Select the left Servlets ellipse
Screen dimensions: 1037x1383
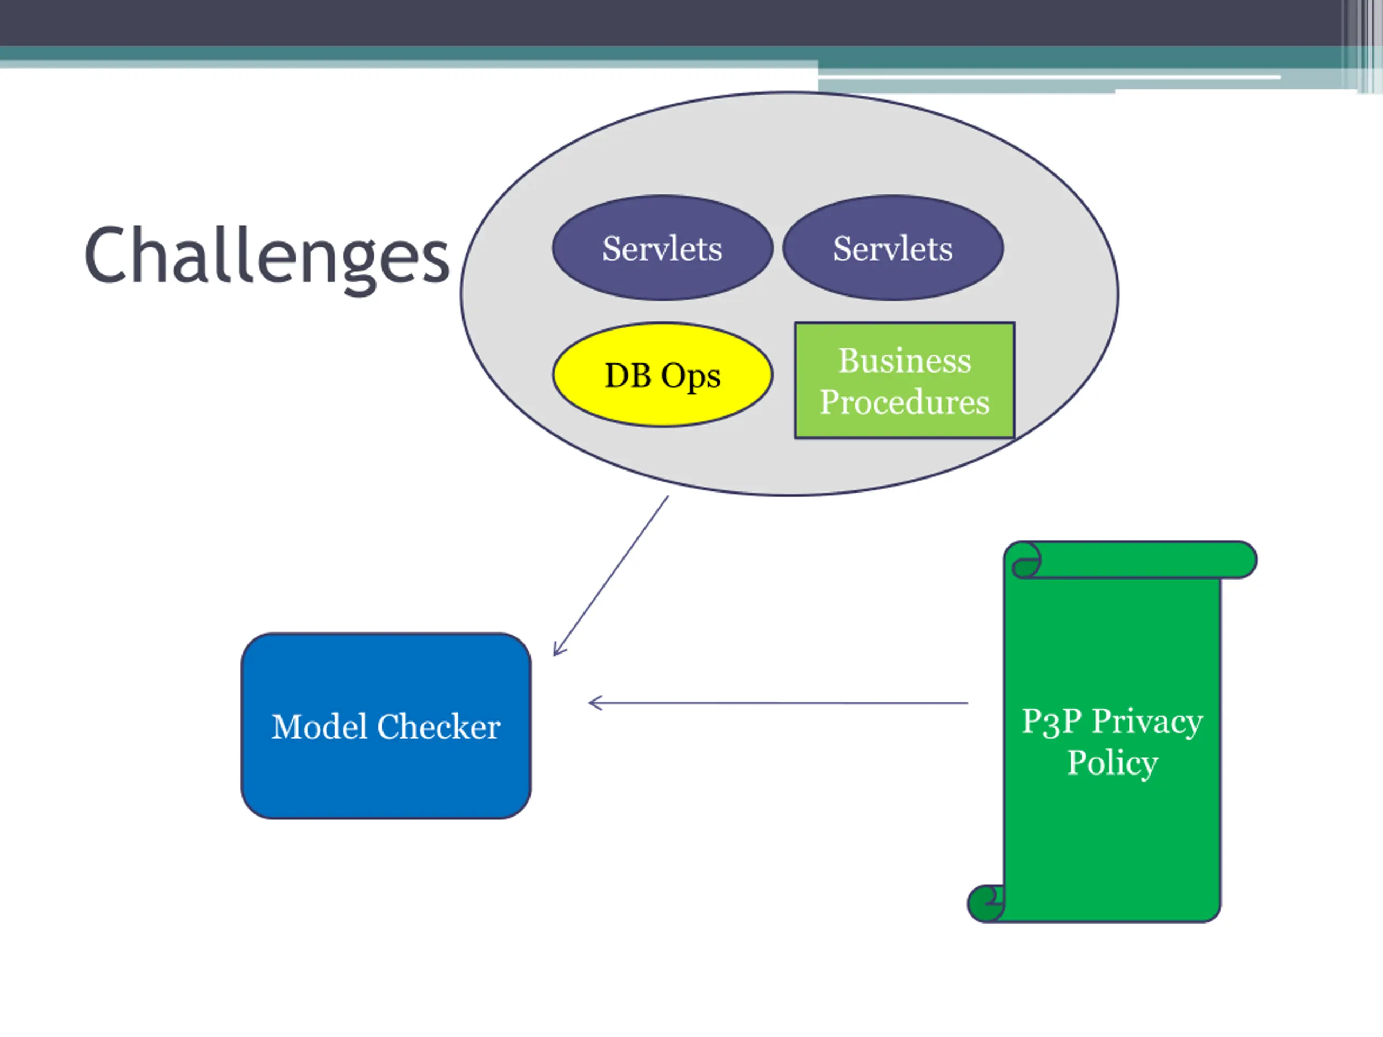tap(662, 248)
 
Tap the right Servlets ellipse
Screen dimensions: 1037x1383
tap(893, 248)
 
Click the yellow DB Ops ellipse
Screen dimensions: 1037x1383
tap(662, 375)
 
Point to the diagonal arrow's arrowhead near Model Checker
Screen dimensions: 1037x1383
tap(557, 652)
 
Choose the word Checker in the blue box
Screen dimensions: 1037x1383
tap(438, 727)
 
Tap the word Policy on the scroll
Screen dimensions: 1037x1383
tap(1112, 763)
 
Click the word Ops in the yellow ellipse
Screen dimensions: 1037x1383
tap(690, 376)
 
